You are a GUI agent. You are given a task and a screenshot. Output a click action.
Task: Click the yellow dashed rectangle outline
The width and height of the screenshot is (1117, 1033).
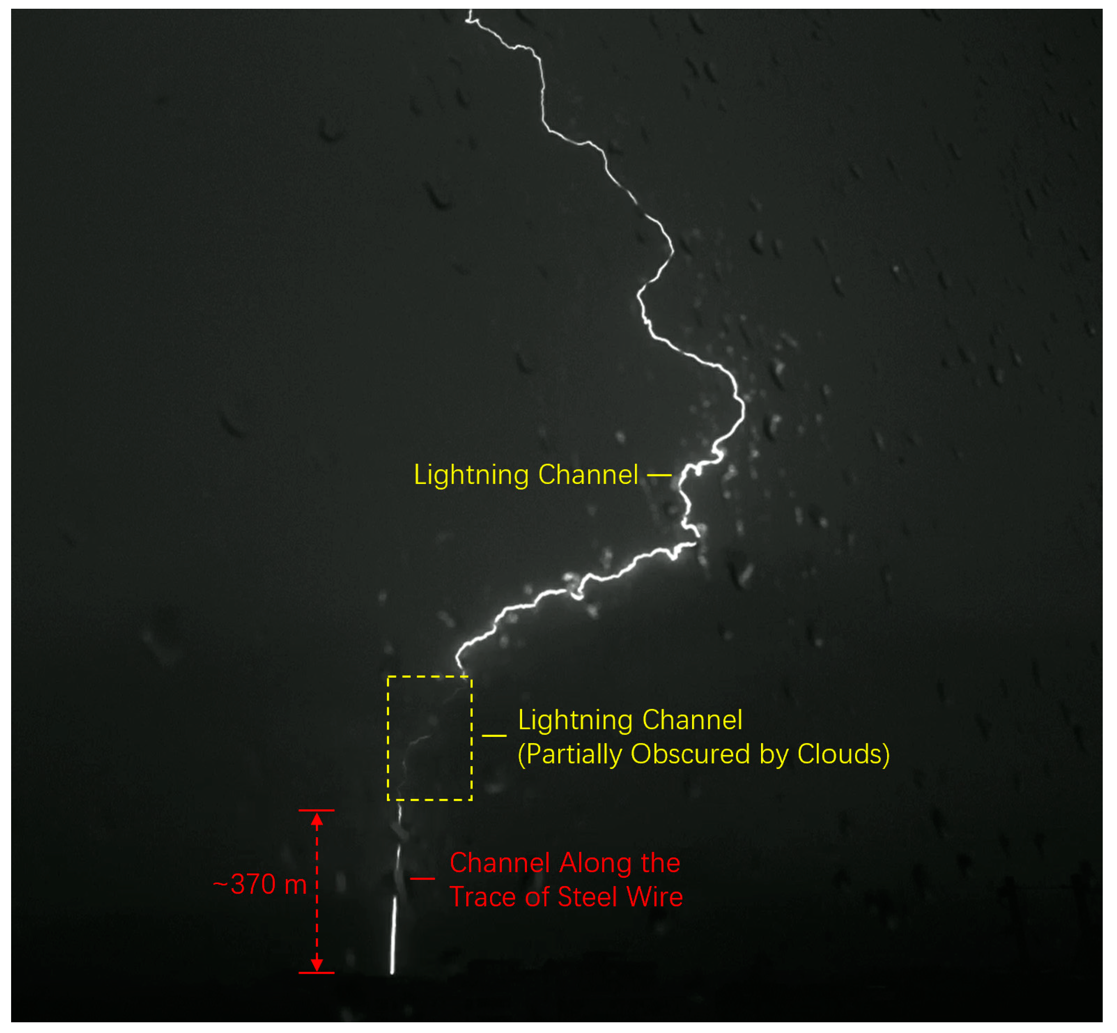coord(388,738)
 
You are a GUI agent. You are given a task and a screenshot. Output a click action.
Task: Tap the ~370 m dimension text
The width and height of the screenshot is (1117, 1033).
coord(260,884)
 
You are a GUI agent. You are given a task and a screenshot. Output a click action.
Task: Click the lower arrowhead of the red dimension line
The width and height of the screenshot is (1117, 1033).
coord(317,964)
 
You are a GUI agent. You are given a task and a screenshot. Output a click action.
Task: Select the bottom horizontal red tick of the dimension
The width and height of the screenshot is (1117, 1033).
coord(316,973)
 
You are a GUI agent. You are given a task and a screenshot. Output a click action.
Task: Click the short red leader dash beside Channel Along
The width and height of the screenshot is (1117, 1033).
coord(423,879)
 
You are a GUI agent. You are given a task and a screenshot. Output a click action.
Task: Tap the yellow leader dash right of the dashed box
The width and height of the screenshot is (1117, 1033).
coord(494,735)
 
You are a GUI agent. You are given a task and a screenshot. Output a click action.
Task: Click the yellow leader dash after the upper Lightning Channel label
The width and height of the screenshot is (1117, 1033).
coord(659,476)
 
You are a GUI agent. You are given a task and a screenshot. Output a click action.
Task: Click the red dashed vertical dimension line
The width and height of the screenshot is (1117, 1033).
coord(317,894)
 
